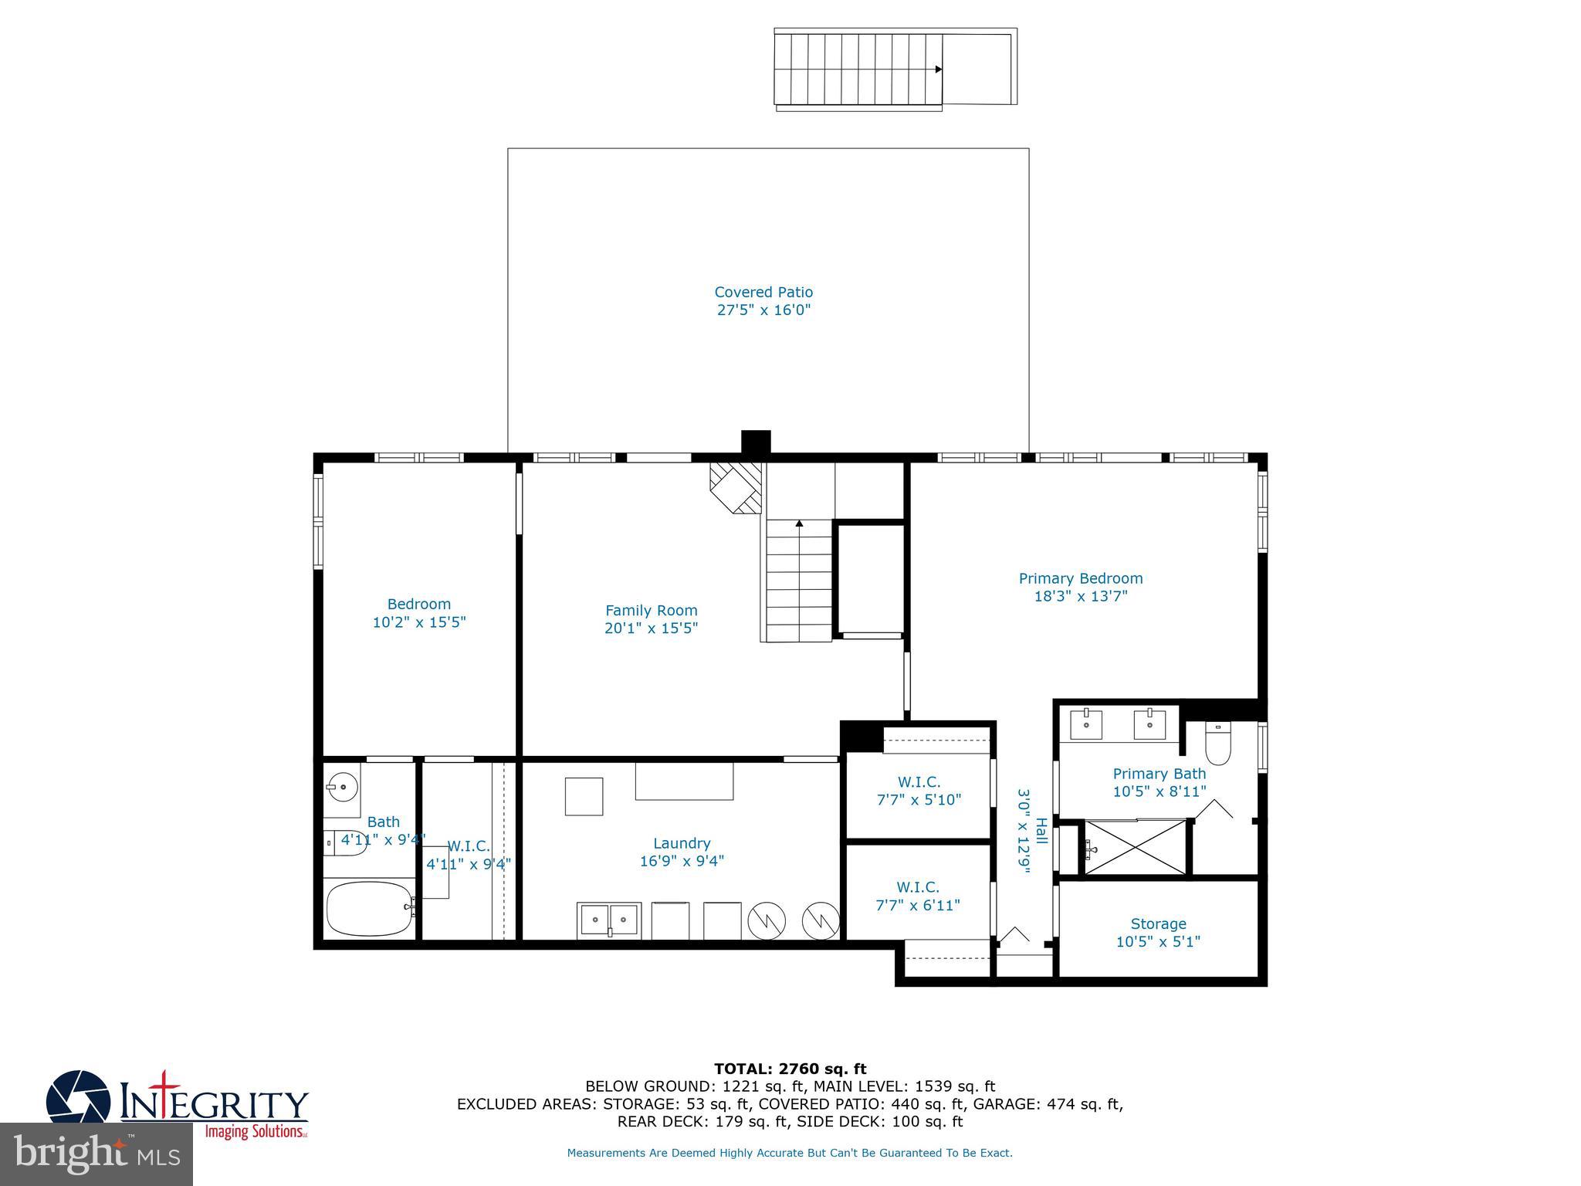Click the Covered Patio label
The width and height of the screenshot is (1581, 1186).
coord(763,301)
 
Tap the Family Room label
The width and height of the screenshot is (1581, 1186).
coord(651,619)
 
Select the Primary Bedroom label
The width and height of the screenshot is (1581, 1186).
coord(1080,587)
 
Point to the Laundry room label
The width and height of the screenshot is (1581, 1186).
coord(682,852)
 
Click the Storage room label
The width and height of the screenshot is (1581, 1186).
coord(1158,932)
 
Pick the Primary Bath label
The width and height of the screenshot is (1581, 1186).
coord(1159,782)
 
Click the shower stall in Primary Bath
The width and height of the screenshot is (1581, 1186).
coord(1136,848)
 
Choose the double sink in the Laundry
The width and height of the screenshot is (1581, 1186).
coord(609,920)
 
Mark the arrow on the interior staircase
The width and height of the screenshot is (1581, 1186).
coord(799,524)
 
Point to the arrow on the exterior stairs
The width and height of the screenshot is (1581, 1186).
coord(938,69)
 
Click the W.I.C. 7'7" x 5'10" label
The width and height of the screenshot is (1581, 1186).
coord(919,791)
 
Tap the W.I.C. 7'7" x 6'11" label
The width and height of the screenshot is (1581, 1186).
coord(918,896)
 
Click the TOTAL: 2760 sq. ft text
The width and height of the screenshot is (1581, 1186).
coord(790,1069)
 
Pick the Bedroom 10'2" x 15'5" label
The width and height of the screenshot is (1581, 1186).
coord(419,613)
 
